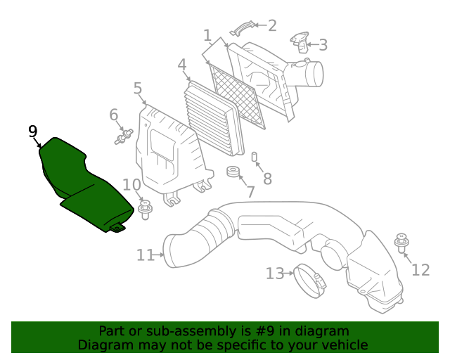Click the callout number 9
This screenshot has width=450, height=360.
pyautogui.click(x=32, y=131)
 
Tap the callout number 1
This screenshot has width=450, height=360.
pyautogui.click(x=207, y=35)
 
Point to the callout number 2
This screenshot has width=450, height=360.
pyautogui.click(x=272, y=26)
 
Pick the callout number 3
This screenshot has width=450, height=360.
pyautogui.click(x=323, y=45)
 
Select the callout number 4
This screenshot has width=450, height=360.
pyautogui.click(x=182, y=67)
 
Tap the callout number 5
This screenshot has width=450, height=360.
pyautogui.click(x=138, y=89)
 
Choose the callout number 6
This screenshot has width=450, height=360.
pyautogui.click(x=113, y=115)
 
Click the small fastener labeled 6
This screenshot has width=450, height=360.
pyautogui.click(x=124, y=136)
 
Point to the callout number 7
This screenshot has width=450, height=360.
pyautogui.click(x=250, y=191)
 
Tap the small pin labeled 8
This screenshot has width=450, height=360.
pyautogui.click(x=255, y=156)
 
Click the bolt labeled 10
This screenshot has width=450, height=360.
pyautogui.click(x=146, y=209)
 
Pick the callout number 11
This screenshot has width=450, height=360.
pyautogui.click(x=145, y=255)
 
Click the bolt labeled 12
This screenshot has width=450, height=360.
pyautogui.click(x=402, y=242)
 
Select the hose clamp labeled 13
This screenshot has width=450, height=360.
pyautogui.click(x=309, y=277)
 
